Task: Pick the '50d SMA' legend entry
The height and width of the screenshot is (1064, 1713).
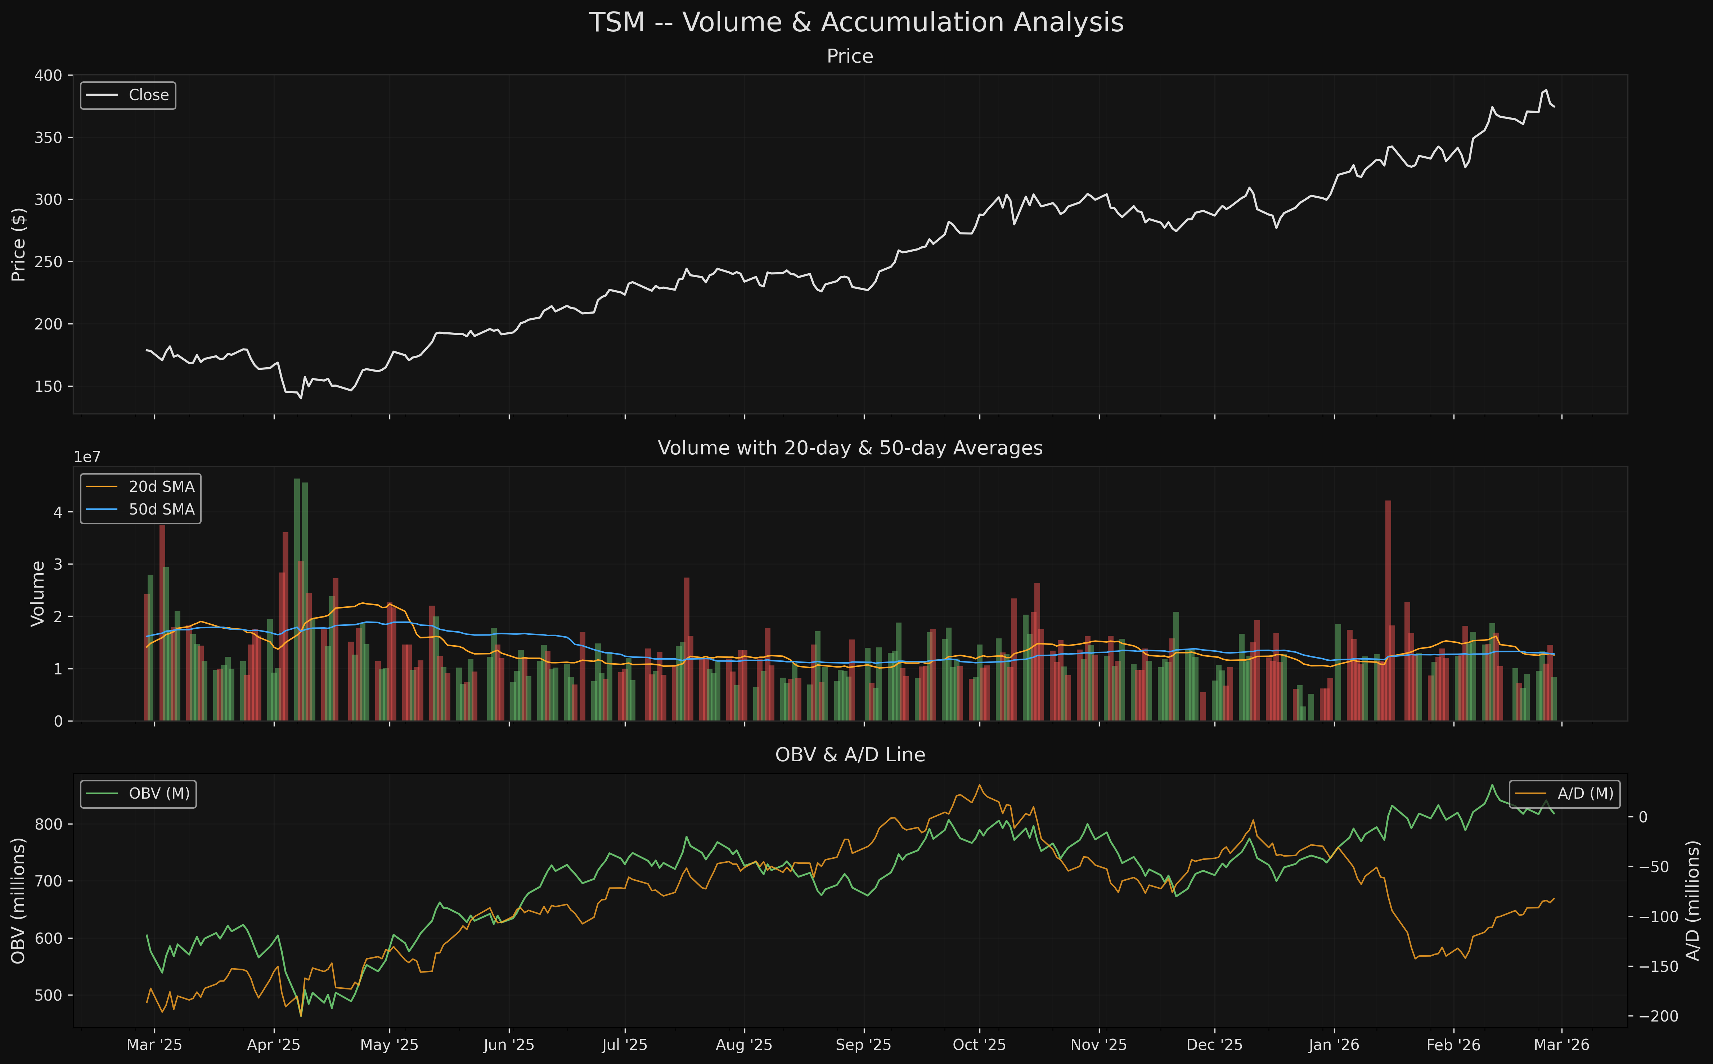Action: (x=161, y=509)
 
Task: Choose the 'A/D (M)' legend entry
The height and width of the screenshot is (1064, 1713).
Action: (x=1585, y=794)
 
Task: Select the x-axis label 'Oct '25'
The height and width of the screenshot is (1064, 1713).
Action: (x=979, y=1045)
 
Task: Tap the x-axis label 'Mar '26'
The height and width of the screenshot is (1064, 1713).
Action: (x=1561, y=1045)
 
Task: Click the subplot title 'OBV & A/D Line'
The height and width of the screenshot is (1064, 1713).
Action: (x=850, y=755)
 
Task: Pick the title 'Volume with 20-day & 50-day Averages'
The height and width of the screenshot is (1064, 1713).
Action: (x=850, y=448)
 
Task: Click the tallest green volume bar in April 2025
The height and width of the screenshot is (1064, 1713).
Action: (x=297, y=598)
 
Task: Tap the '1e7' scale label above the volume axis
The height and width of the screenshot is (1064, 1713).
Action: (x=87, y=457)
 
